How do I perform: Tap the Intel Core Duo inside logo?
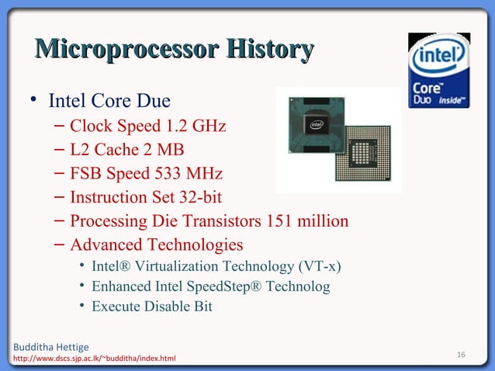coord(439,71)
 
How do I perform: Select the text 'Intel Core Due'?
coord(109,102)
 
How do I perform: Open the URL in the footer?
coord(90,359)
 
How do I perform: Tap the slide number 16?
coord(461,355)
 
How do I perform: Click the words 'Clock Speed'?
coord(104,125)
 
